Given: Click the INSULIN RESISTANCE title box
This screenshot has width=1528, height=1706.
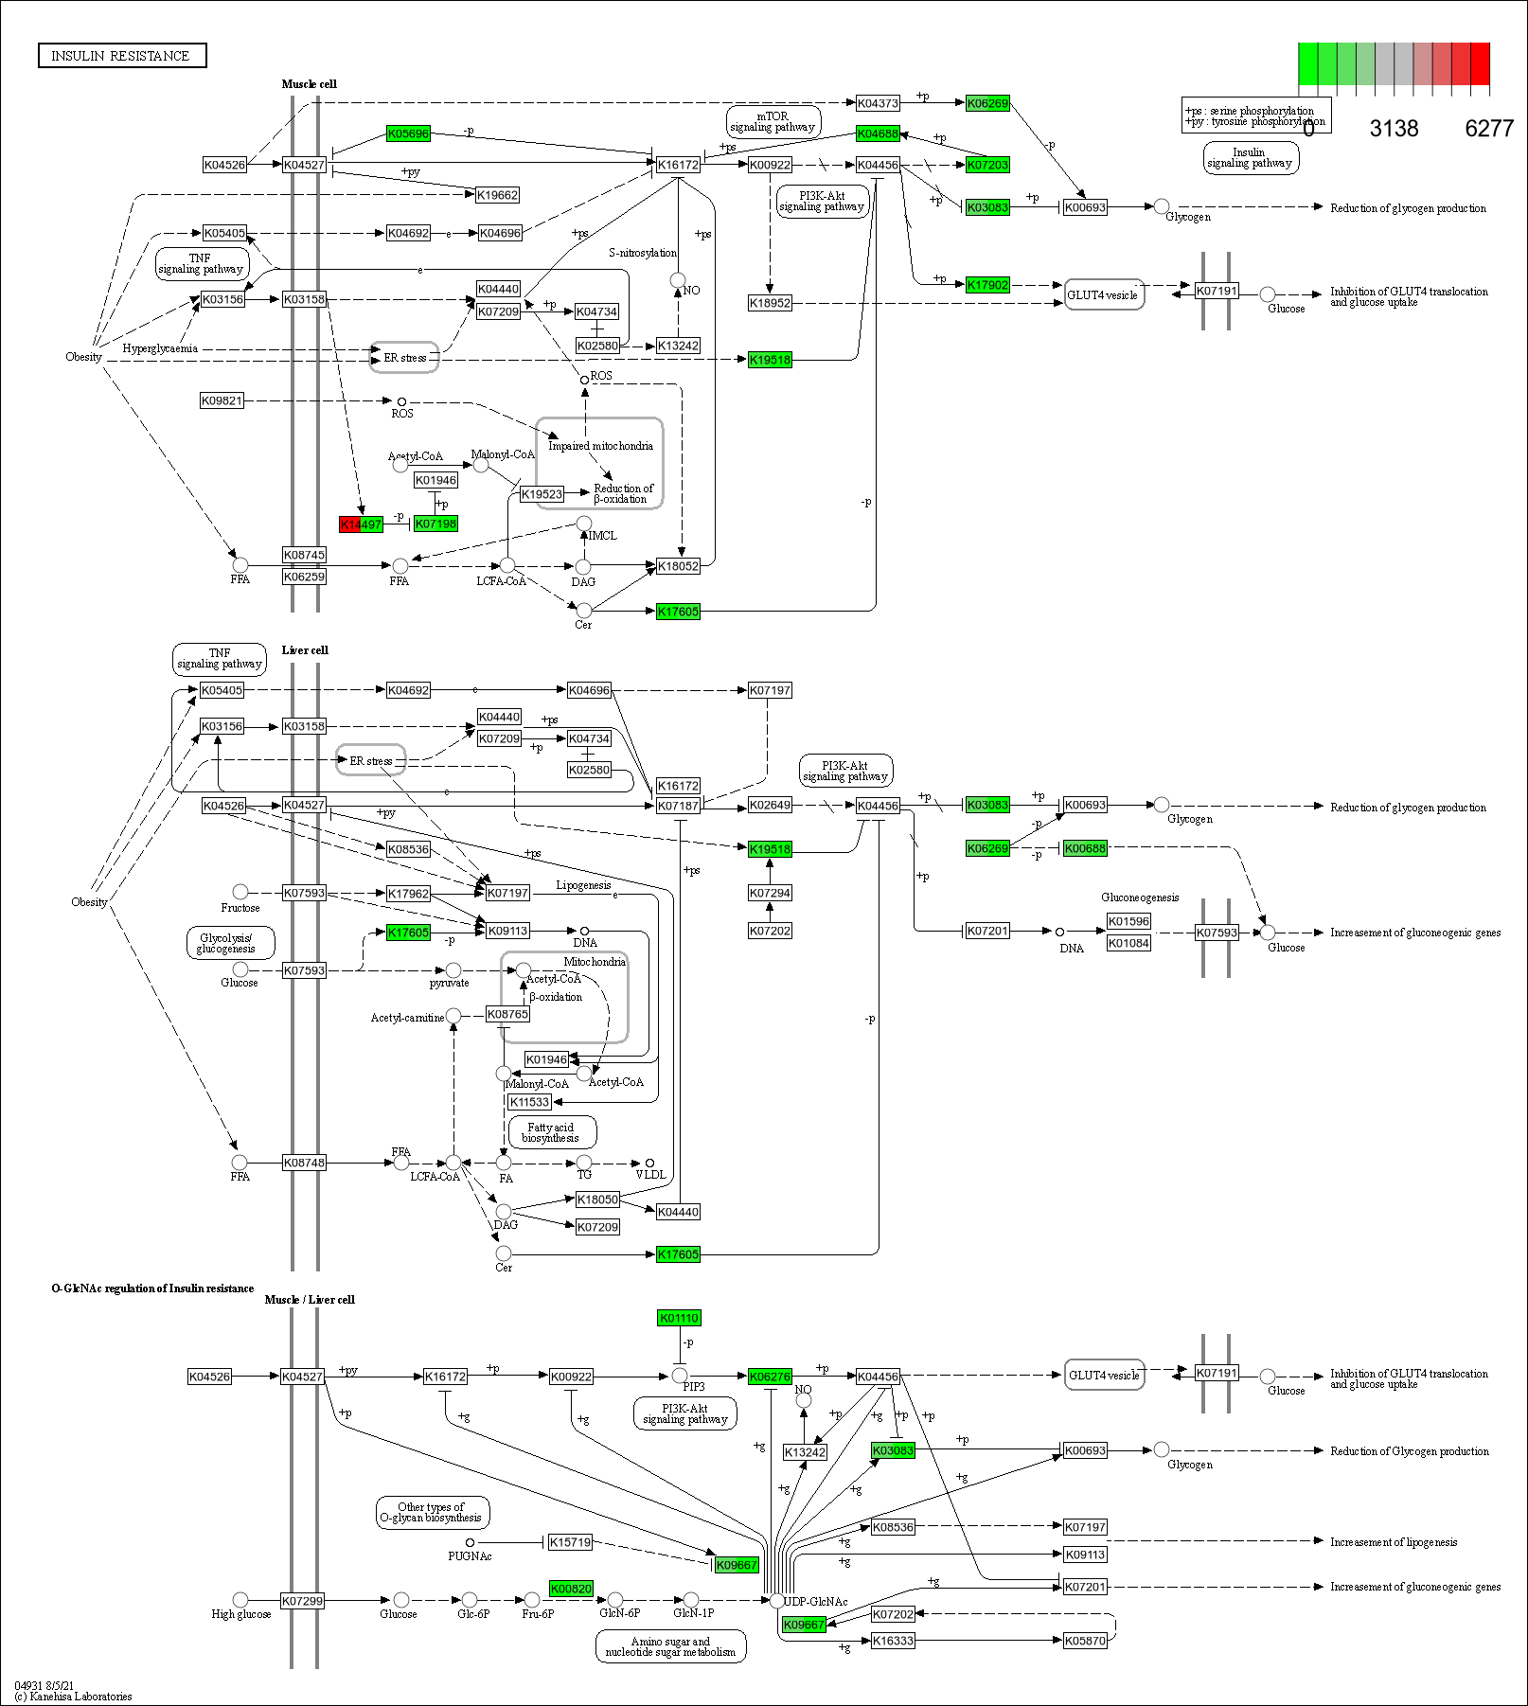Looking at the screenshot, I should pyautogui.click(x=121, y=56).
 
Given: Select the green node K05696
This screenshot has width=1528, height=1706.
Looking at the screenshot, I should pyautogui.click(x=408, y=133).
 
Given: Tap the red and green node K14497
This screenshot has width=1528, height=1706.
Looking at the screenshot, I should pyautogui.click(x=361, y=524).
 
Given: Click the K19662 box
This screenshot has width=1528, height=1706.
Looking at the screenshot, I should pyautogui.click(x=497, y=195).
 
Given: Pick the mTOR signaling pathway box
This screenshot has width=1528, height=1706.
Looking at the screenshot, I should pyautogui.click(x=773, y=121).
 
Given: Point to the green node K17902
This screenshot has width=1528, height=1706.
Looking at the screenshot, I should pyautogui.click(x=987, y=284).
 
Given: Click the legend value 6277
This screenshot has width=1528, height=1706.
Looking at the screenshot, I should pyautogui.click(x=1489, y=129).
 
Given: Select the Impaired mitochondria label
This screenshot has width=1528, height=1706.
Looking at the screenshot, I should pyautogui.click(x=600, y=446).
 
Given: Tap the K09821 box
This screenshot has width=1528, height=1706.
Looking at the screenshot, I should pyautogui.click(x=222, y=400).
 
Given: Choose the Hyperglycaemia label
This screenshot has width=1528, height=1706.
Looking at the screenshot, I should pyautogui.click(x=160, y=348).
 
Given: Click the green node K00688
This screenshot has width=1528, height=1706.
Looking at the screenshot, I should pyautogui.click(x=1085, y=848).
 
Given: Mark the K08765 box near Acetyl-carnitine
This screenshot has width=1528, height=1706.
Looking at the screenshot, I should pyautogui.click(x=507, y=1014).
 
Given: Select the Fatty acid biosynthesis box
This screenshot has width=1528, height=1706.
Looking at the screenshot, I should pyautogui.click(x=551, y=1132).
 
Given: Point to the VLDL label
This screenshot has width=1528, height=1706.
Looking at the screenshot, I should pyautogui.click(x=650, y=1174).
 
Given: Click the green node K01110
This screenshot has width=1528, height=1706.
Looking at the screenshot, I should pyautogui.click(x=679, y=1318).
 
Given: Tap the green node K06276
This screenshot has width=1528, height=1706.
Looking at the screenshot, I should pyautogui.click(x=770, y=1377).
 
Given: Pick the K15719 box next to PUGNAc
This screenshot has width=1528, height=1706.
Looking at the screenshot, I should pyautogui.click(x=570, y=1542).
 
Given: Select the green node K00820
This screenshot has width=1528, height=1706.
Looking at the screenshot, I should pyautogui.click(x=571, y=1589).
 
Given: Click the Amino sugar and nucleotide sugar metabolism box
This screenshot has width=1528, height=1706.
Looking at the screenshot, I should pyautogui.click(x=670, y=1646).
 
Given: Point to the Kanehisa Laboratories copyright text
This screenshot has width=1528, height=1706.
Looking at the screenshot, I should pyautogui.click(x=73, y=1697).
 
